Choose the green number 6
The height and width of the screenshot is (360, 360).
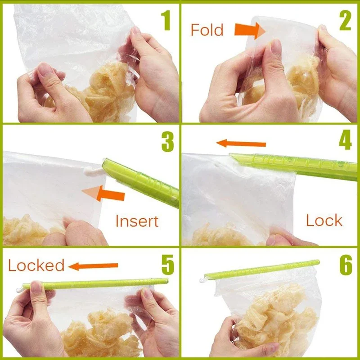click(345, 265)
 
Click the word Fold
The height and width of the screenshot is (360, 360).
click(207, 30)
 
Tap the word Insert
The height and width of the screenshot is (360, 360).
click(137, 221)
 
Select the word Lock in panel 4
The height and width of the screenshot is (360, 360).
click(324, 220)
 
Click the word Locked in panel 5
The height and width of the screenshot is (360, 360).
click(36, 265)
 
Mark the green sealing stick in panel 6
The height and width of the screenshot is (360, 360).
click(261, 270)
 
